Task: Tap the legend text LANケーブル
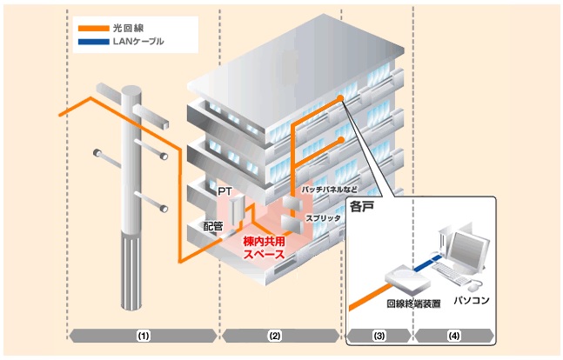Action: (138, 41)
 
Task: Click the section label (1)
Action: (143, 336)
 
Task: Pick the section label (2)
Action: (275, 336)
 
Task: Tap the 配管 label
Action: (213, 226)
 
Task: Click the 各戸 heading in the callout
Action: (361, 208)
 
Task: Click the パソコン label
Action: (472, 300)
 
